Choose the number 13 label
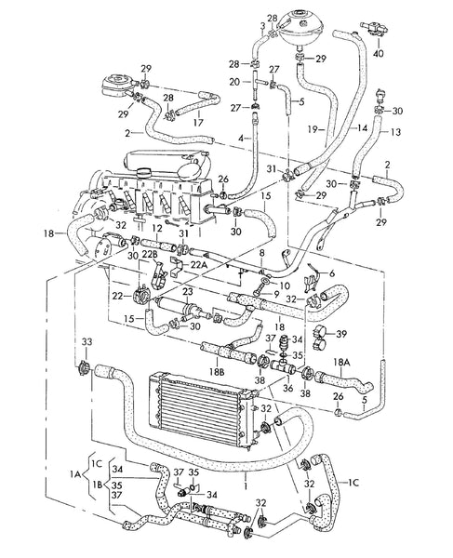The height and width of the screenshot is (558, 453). coord(395,133)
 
